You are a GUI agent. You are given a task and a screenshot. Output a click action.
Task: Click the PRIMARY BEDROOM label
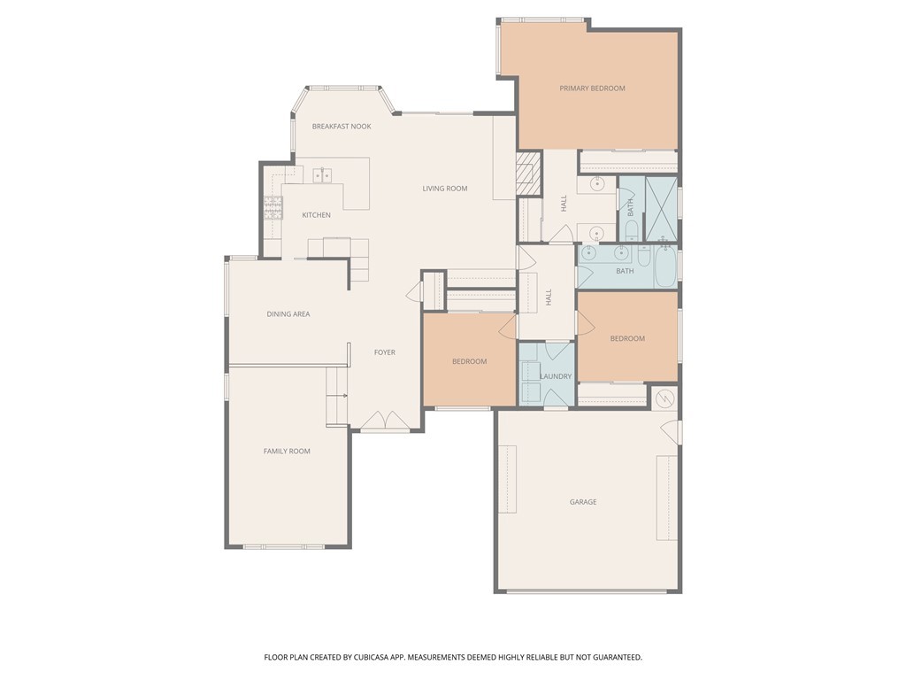tap(592, 89)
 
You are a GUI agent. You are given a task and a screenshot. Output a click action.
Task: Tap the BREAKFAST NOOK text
tap(342, 127)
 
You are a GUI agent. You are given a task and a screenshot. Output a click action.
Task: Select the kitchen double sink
tap(322, 175)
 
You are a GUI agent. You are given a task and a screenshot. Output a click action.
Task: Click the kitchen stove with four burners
tap(273, 208)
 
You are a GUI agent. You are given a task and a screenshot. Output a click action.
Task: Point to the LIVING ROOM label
tap(444, 189)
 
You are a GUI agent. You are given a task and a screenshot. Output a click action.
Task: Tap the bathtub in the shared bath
tap(664, 269)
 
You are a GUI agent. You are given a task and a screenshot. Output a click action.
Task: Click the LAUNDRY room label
tap(556, 376)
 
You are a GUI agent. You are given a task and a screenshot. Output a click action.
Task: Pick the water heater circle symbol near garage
tap(665, 398)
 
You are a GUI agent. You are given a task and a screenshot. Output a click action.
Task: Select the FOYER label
tap(384, 352)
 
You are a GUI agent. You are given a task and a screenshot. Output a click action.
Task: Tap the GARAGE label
tap(583, 502)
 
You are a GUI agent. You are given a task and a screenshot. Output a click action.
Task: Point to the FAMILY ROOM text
tap(287, 452)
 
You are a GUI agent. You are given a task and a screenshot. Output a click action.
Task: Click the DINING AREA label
tap(288, 314)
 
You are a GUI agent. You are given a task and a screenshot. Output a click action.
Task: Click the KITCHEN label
tap(316, 215)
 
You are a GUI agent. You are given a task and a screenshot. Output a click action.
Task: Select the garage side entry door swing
tap(672, 432)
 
